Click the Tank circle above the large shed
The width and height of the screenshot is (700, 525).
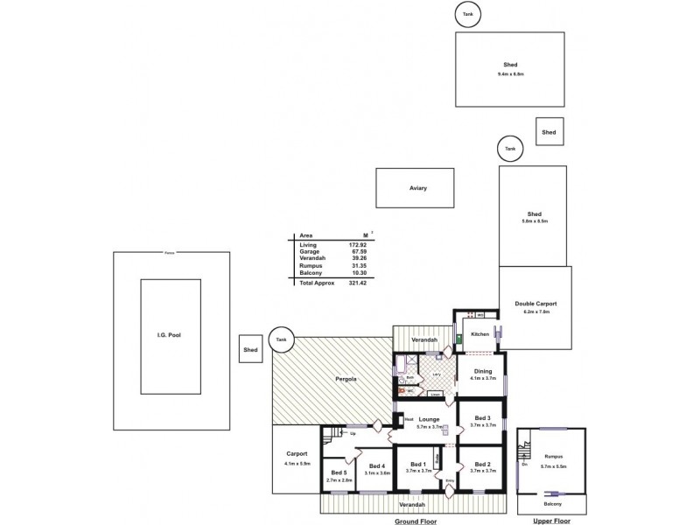pos(468,13)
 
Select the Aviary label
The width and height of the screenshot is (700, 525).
pos(418,188)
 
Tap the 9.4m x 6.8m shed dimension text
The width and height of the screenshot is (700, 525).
pos(510,74)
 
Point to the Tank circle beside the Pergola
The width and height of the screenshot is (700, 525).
pos(281,339)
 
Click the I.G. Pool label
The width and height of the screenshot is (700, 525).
pos(170,335)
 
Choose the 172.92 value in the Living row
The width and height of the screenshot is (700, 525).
pos(358,244)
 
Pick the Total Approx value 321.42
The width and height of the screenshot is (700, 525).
pos(357,283)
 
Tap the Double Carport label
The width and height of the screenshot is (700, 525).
pos(535,304)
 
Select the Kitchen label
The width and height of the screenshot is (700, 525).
pos(480,334)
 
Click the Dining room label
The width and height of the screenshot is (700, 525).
pos(482,372)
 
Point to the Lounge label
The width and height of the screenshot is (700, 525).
pos(429,419)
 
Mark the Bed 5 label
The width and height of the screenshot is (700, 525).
pos(339,473)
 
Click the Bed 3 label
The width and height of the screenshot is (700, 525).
pos(482,417)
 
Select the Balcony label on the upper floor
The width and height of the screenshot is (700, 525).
pos(551,504)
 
